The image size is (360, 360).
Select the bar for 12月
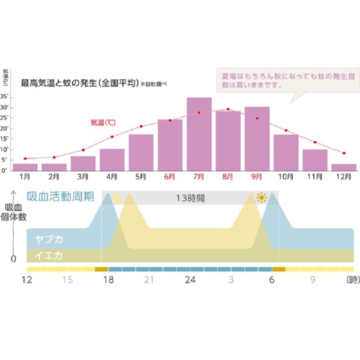[x=344, y=167]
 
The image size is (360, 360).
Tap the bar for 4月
[x=112, y=160]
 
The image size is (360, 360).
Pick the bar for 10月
[x=286, y=152]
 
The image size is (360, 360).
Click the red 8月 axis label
[x=228, y=178]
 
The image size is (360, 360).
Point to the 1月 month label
[x=25, y=178]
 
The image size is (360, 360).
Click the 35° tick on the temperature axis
[x=4, y=97]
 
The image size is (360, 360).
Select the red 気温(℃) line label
[x=103, y=122]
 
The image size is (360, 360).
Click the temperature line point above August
[x=228, y=109]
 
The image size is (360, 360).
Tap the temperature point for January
[x=25, y=158]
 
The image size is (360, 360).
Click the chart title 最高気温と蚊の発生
[x=80, y=82]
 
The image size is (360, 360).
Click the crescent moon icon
[x=118, y=197]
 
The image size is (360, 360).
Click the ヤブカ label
[x=47, y=239]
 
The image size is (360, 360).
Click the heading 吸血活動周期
[x=59, y=197]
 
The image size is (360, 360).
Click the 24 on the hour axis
[x=190, y=280]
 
